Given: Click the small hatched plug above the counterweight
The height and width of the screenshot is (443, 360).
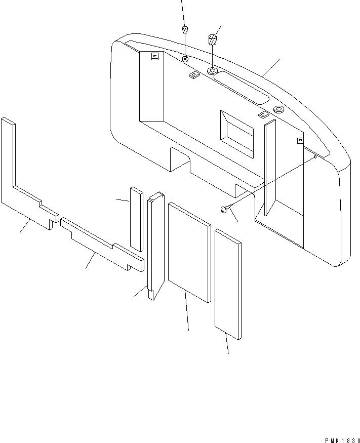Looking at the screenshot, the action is click(186, 28).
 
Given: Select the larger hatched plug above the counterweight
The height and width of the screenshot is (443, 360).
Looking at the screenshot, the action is click(213, 39).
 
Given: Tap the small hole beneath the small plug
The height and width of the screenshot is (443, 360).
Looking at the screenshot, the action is click(186, 60).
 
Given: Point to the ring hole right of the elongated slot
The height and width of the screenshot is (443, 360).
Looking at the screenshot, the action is click(278, 109).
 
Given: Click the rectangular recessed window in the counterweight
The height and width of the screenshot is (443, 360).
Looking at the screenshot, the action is click(236, 132).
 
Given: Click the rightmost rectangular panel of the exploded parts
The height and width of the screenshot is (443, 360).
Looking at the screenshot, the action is click(228, 284).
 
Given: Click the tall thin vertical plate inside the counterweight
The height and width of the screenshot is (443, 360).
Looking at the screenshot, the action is click(269, 167).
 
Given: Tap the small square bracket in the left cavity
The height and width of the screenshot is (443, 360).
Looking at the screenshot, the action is click(155, 57).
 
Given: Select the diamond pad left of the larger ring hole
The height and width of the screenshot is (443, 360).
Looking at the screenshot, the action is click(193, 75).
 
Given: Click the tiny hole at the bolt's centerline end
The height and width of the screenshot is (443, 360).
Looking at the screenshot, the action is click(315, 157).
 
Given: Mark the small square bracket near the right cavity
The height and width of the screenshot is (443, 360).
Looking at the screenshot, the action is click(300, 140).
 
